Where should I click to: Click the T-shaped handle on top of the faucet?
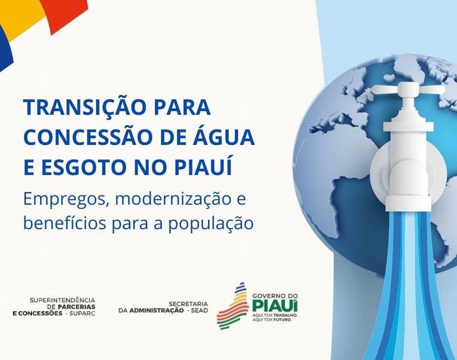coord(409,90)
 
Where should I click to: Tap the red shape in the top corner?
coord(66,12)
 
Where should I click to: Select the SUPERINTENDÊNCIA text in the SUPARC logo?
coord(62,300)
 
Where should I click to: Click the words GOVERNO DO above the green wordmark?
coord(275,295)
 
